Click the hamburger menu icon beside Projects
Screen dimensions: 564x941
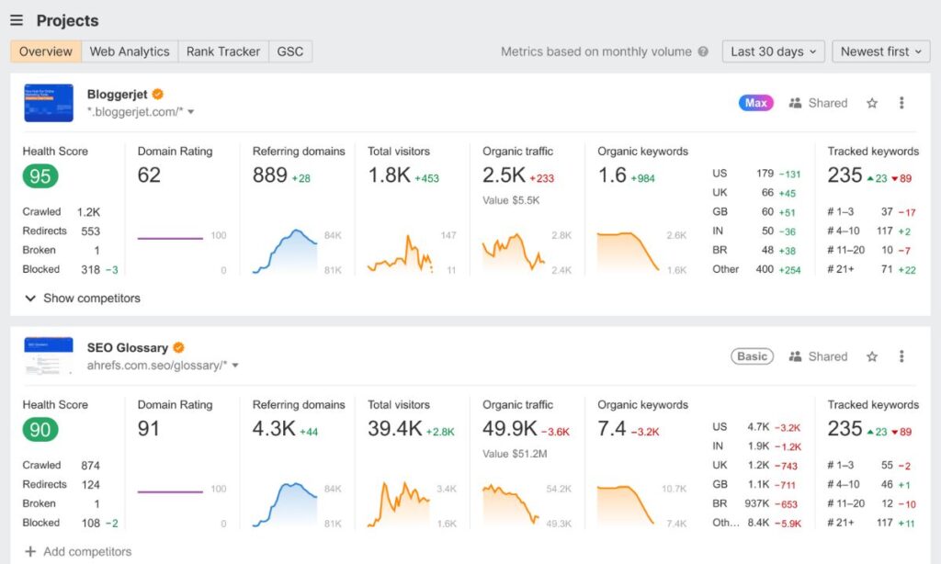(17, 20)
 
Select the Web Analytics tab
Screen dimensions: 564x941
(130, 51)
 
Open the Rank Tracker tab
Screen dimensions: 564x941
(223, 51)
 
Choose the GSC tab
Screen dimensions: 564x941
(290, 51)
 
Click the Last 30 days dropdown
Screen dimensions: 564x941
(773, 51)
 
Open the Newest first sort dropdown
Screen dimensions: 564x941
(880, 51)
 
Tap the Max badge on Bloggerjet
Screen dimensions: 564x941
(756, 103)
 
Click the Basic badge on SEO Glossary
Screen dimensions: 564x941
(752, 356)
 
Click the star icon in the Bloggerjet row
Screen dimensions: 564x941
(872, 103)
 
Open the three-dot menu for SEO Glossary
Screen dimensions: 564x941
(901, 356)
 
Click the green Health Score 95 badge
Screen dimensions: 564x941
(40, 175)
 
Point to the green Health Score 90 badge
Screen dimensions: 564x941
(40, 429)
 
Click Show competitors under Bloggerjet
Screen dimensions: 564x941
(83, 299)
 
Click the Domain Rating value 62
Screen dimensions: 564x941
(149, 175)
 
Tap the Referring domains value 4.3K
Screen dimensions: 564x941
(273, 429)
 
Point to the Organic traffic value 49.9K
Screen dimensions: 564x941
(509, 429)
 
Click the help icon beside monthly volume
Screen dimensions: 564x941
(703, 51)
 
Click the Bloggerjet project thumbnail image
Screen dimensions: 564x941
(49, 103)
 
